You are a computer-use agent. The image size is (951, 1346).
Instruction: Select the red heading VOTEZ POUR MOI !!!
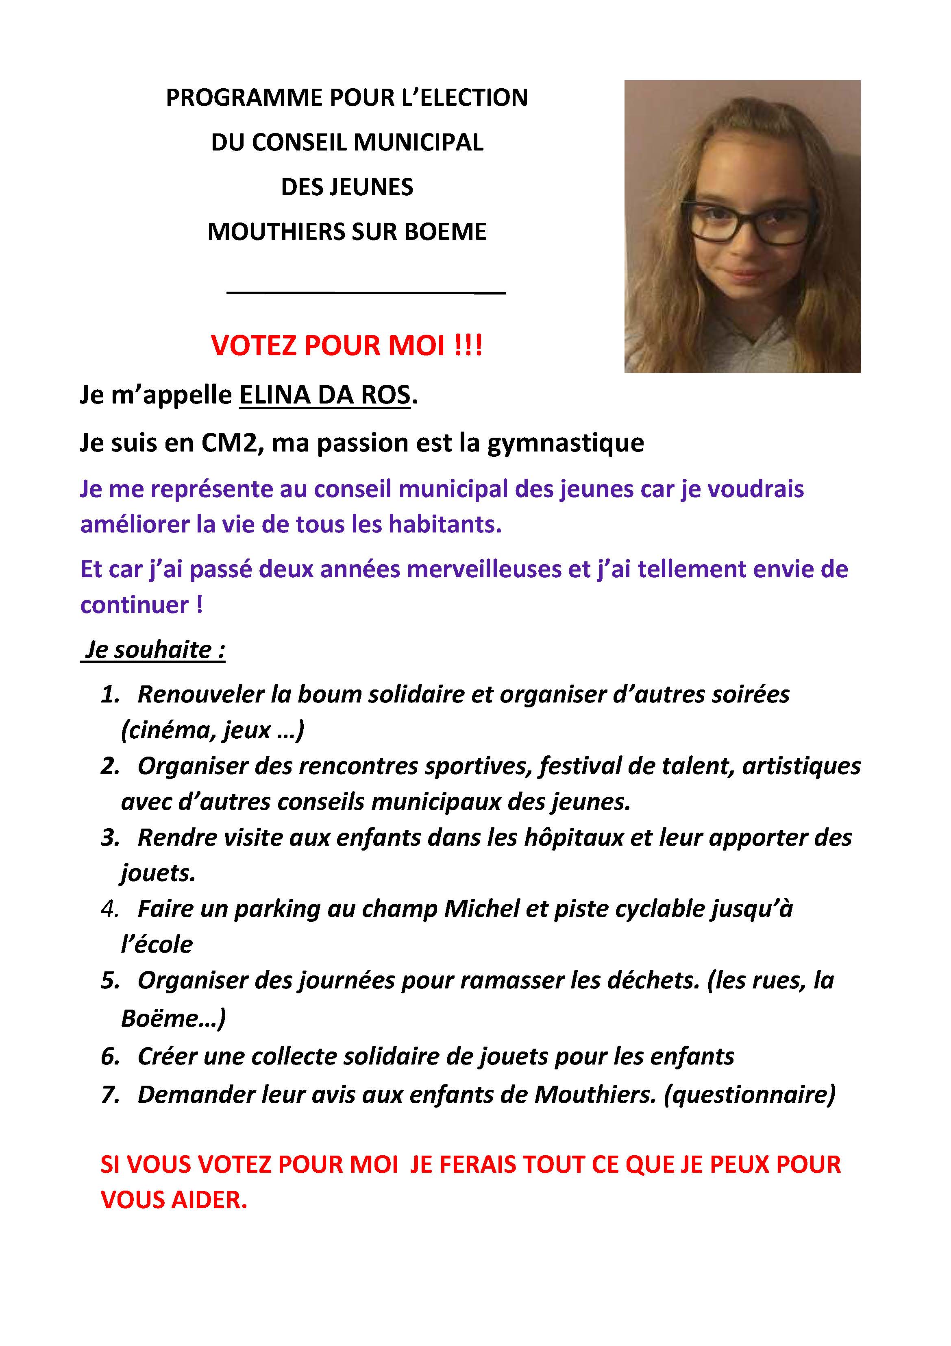(x=347, y=345)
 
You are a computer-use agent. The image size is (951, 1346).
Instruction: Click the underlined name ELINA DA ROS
(x=324, y=395)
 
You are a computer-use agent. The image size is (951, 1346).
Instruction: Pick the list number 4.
(x=109, y=909)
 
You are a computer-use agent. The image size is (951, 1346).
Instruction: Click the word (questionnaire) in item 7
(x=749, y=1095)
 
